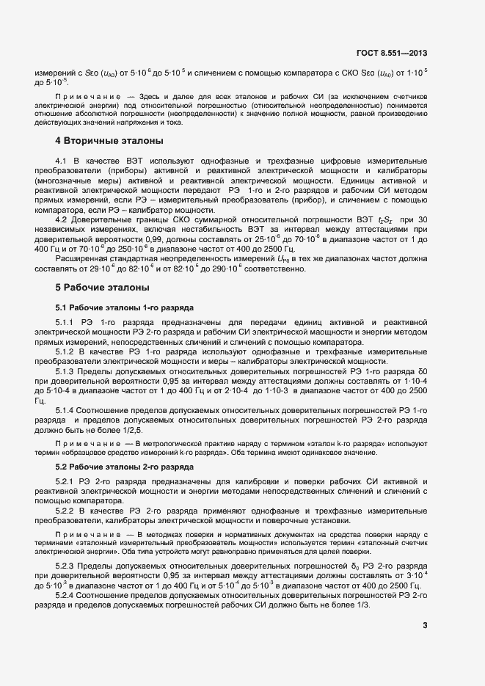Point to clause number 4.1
pos(61,160)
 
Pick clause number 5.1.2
pos(65,352)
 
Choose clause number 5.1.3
pos(65,372)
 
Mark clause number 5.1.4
pos(65,409)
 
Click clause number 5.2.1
pos(65,481)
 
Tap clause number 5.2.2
pos(65,510)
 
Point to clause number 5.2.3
pos(65,566)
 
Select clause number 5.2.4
pos(65,595)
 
